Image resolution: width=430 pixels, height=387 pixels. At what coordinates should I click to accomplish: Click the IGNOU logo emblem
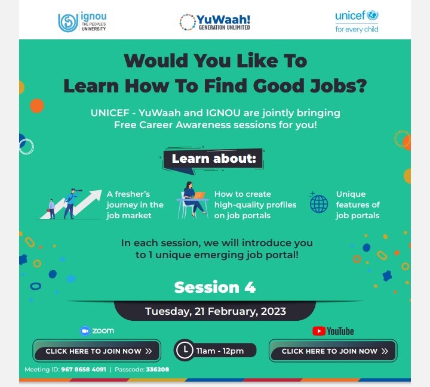(68, 23)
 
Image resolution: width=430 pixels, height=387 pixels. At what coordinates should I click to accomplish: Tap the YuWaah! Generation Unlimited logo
(215, 22)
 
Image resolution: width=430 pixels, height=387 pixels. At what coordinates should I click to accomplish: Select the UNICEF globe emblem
(373, 15)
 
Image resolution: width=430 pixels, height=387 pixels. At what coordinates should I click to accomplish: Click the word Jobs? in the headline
(339, 86)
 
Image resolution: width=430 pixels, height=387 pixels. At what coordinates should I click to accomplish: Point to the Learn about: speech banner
(214, 160)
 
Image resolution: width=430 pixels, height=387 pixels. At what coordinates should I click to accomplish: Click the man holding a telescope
(70, 203)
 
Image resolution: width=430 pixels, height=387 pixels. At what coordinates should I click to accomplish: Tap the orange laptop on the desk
(199, 195)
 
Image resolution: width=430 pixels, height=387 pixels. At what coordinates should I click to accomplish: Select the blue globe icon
(319, 204)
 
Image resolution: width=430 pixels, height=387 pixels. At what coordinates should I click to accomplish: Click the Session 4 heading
(215, 287)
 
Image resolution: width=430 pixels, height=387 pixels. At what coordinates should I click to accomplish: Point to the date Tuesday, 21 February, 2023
(216, 311)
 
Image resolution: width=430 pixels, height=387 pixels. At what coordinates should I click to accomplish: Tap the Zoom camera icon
(85, 331)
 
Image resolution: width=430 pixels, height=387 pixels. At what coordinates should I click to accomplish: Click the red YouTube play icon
(319, 331)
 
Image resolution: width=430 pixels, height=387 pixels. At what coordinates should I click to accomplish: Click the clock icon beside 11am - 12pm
(185, 350)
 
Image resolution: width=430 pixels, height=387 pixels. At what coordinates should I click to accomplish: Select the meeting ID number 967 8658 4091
(84, 370)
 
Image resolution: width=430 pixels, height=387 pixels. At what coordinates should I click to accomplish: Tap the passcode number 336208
(158, 370)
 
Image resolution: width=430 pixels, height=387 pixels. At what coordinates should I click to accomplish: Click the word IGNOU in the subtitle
(223, 113)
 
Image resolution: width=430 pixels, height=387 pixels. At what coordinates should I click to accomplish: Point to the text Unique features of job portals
(358, 205)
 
